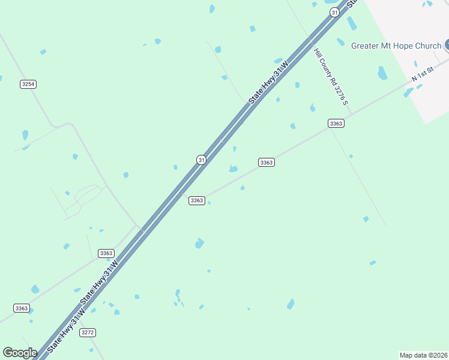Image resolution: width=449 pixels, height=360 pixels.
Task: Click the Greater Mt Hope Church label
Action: coord(396,46)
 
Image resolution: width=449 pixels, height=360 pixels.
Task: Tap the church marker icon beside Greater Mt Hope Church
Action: coord(447,45)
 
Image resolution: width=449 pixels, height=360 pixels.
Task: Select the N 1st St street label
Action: coord(423,77)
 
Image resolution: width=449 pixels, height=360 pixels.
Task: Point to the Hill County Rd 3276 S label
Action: coord(331,76)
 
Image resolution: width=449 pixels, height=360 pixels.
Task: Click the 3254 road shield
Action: coord(28,84)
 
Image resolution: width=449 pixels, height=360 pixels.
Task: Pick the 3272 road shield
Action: coord(88,332)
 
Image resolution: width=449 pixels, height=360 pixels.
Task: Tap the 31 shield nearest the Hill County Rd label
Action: coord(334,12)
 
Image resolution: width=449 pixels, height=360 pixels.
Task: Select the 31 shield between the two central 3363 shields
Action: coord(201,159)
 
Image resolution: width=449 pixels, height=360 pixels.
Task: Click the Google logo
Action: coord(20,353)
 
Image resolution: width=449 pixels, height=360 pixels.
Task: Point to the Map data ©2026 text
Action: coord(423,355)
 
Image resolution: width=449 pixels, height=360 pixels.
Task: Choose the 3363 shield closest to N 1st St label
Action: coord(336,123)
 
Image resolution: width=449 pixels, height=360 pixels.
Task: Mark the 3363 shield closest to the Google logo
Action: coord(22,308)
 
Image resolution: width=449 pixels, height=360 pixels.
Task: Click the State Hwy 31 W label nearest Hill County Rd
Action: coord(269,80)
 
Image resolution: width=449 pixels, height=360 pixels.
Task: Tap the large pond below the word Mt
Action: coord(382,73)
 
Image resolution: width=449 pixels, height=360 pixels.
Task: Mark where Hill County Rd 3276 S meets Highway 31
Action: coord(310,41)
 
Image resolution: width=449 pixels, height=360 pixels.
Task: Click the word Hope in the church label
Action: coord(414,46)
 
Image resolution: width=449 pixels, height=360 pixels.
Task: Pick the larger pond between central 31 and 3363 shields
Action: coord(233,169)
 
